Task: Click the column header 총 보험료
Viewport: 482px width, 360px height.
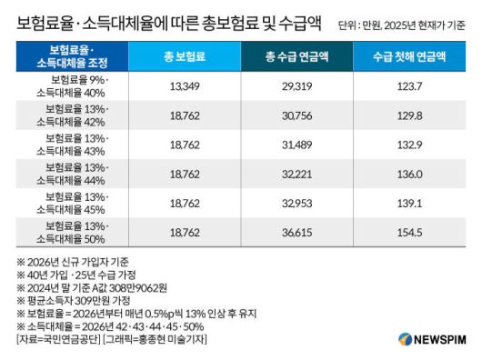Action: click(184, 56)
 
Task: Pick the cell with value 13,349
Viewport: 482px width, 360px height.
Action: click(184, 88)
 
